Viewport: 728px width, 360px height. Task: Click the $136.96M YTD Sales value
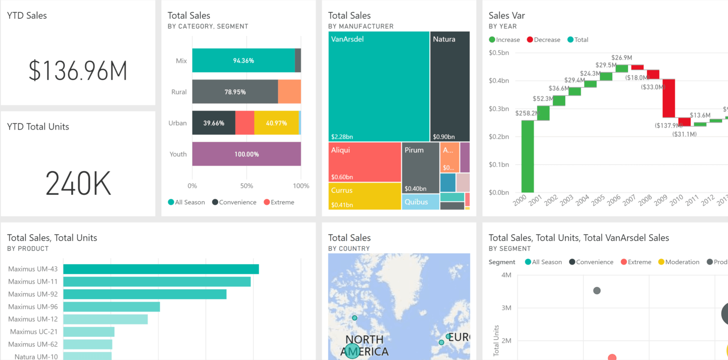(78, 71)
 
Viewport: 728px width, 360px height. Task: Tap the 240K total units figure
(78, 183)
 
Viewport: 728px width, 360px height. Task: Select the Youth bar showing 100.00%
(246, 154)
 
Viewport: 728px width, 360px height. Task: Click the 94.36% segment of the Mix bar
(243, 61)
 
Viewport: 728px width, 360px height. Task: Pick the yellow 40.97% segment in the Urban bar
(276, 123)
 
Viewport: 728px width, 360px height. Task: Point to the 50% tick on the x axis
(246, 186)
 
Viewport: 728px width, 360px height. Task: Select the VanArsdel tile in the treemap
(378, 87)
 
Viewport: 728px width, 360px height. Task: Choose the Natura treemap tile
(450, 87)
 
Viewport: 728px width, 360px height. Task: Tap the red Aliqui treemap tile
(364, 162)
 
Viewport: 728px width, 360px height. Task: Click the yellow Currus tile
(364, 196)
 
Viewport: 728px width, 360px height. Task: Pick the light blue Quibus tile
(420, 202)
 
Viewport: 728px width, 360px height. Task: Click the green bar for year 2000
(528, 156)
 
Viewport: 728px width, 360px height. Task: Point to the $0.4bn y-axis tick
(499, 81)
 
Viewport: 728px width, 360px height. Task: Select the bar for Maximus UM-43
(161, 269)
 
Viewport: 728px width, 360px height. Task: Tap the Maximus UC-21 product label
(34, 331)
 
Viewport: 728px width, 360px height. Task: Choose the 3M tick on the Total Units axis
(506, 308)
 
